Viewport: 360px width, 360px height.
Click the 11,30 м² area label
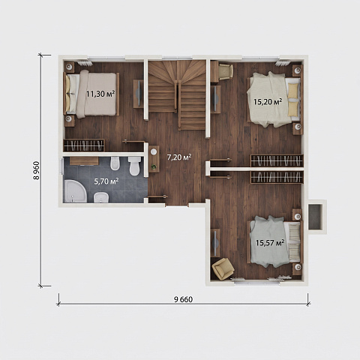click(x=100, y=94)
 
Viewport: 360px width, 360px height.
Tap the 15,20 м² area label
click(x=268, y=101)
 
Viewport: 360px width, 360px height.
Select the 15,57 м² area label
click(x=270, y=242)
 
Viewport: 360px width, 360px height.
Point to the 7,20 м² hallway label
click(x=179, y=157)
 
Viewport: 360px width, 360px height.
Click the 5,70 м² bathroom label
click(x=106, y=181)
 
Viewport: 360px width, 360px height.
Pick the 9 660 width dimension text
click(x=183, y=299)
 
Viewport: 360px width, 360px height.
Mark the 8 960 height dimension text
click(x=37, y=170)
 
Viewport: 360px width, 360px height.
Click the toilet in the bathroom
click(x=134, y=166)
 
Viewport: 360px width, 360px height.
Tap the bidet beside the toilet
click(x=115, y=163)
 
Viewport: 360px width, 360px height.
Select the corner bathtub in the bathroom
click(x=74, y=191)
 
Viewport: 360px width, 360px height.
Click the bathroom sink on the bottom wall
click(x=101, y=197)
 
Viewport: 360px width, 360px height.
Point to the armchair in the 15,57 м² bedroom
click(x=223, y=268)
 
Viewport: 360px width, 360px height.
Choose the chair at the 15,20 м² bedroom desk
click(x=226, y=72)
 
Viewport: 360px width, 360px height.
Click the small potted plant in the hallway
click(x=154, y=166)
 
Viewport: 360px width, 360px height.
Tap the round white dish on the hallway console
click(x=154, y=151)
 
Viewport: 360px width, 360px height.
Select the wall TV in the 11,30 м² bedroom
click(x=138, y=94)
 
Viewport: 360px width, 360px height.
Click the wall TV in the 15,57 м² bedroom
click(x=215, y=243)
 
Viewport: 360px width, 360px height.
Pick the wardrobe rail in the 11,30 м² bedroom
click(x=84, y=145)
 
